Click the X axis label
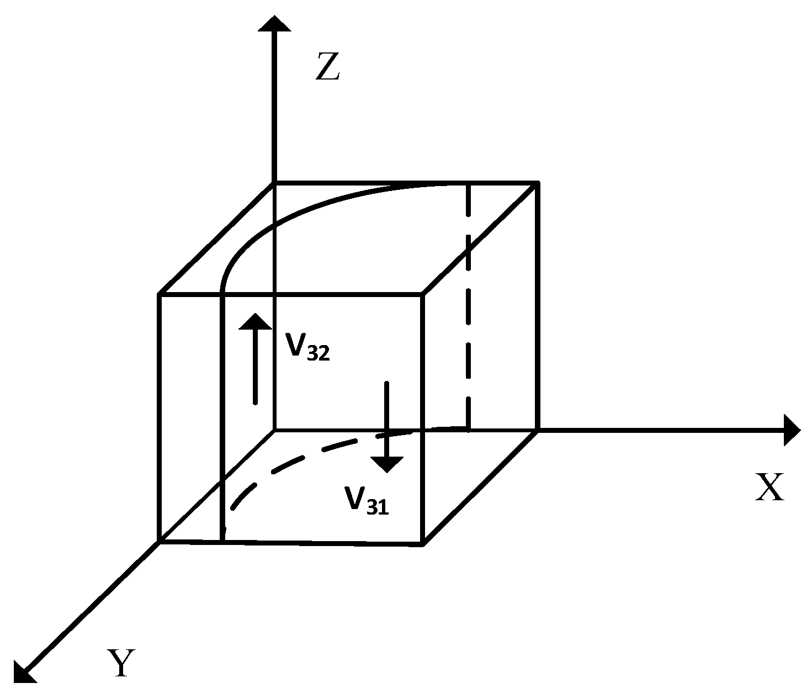[x=769, y=488]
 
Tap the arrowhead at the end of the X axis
[x=792, y=430]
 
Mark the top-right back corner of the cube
[x=538, y=182]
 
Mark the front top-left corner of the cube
[x=160, y=295]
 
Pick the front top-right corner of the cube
[x=423, y=295]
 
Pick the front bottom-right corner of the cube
[x=423, y=544]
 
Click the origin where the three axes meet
[x=274, y=429]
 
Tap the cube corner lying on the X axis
[x=538, y=430]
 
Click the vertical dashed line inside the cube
[x=468, y=309]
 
